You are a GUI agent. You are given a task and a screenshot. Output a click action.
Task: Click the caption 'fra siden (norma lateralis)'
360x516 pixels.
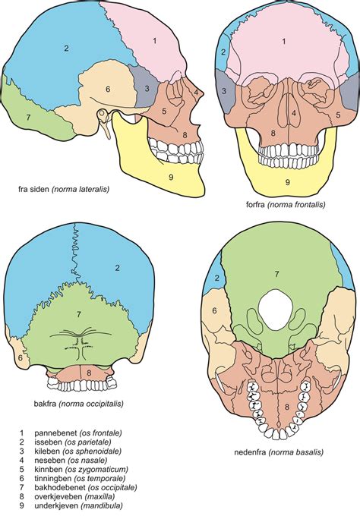tap(64, 189)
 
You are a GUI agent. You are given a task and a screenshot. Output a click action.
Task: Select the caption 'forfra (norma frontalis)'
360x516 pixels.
tap(286, 204)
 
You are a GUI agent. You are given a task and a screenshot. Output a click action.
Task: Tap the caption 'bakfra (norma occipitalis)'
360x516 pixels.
tap(79, 404)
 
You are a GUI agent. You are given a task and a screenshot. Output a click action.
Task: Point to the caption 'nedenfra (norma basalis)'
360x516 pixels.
tap(279, 451)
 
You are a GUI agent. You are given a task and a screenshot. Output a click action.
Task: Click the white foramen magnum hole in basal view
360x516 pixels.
tap(276, 310)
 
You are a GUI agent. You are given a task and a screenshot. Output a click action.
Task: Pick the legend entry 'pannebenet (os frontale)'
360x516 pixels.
tap(78, 433)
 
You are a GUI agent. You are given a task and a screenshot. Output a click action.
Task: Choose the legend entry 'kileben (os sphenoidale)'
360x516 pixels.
tap(78, 451)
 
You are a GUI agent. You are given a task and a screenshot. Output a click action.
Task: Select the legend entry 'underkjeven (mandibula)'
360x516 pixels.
tap(78, 505)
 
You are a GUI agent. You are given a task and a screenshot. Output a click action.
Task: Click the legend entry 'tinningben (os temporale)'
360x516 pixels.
tap(80, 478)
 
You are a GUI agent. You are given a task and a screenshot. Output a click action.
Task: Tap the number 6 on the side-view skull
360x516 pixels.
tap(108, 89)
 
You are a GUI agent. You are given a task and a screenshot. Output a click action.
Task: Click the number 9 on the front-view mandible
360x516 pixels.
tap(287, 181)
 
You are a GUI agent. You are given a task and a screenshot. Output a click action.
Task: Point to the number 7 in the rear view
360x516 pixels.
tap(78, 315)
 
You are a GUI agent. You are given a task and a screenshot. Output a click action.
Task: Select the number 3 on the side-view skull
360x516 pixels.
tap(147, 88)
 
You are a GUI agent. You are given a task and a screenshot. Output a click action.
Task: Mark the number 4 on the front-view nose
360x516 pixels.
tap(294, 114)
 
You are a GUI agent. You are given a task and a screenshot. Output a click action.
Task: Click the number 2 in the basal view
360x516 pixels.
tap(216, 278)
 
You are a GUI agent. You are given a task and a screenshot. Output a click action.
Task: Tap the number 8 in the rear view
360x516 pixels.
tap(89, 373)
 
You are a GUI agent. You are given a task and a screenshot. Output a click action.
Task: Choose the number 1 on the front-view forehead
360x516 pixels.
tap(283, 42)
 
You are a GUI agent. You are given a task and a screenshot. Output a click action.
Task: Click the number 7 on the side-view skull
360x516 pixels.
tap(28, 117)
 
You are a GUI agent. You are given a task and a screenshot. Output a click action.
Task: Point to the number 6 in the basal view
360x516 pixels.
tap(214, 310)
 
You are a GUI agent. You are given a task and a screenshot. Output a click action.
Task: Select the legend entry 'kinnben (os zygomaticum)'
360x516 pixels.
tap(81, 469)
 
